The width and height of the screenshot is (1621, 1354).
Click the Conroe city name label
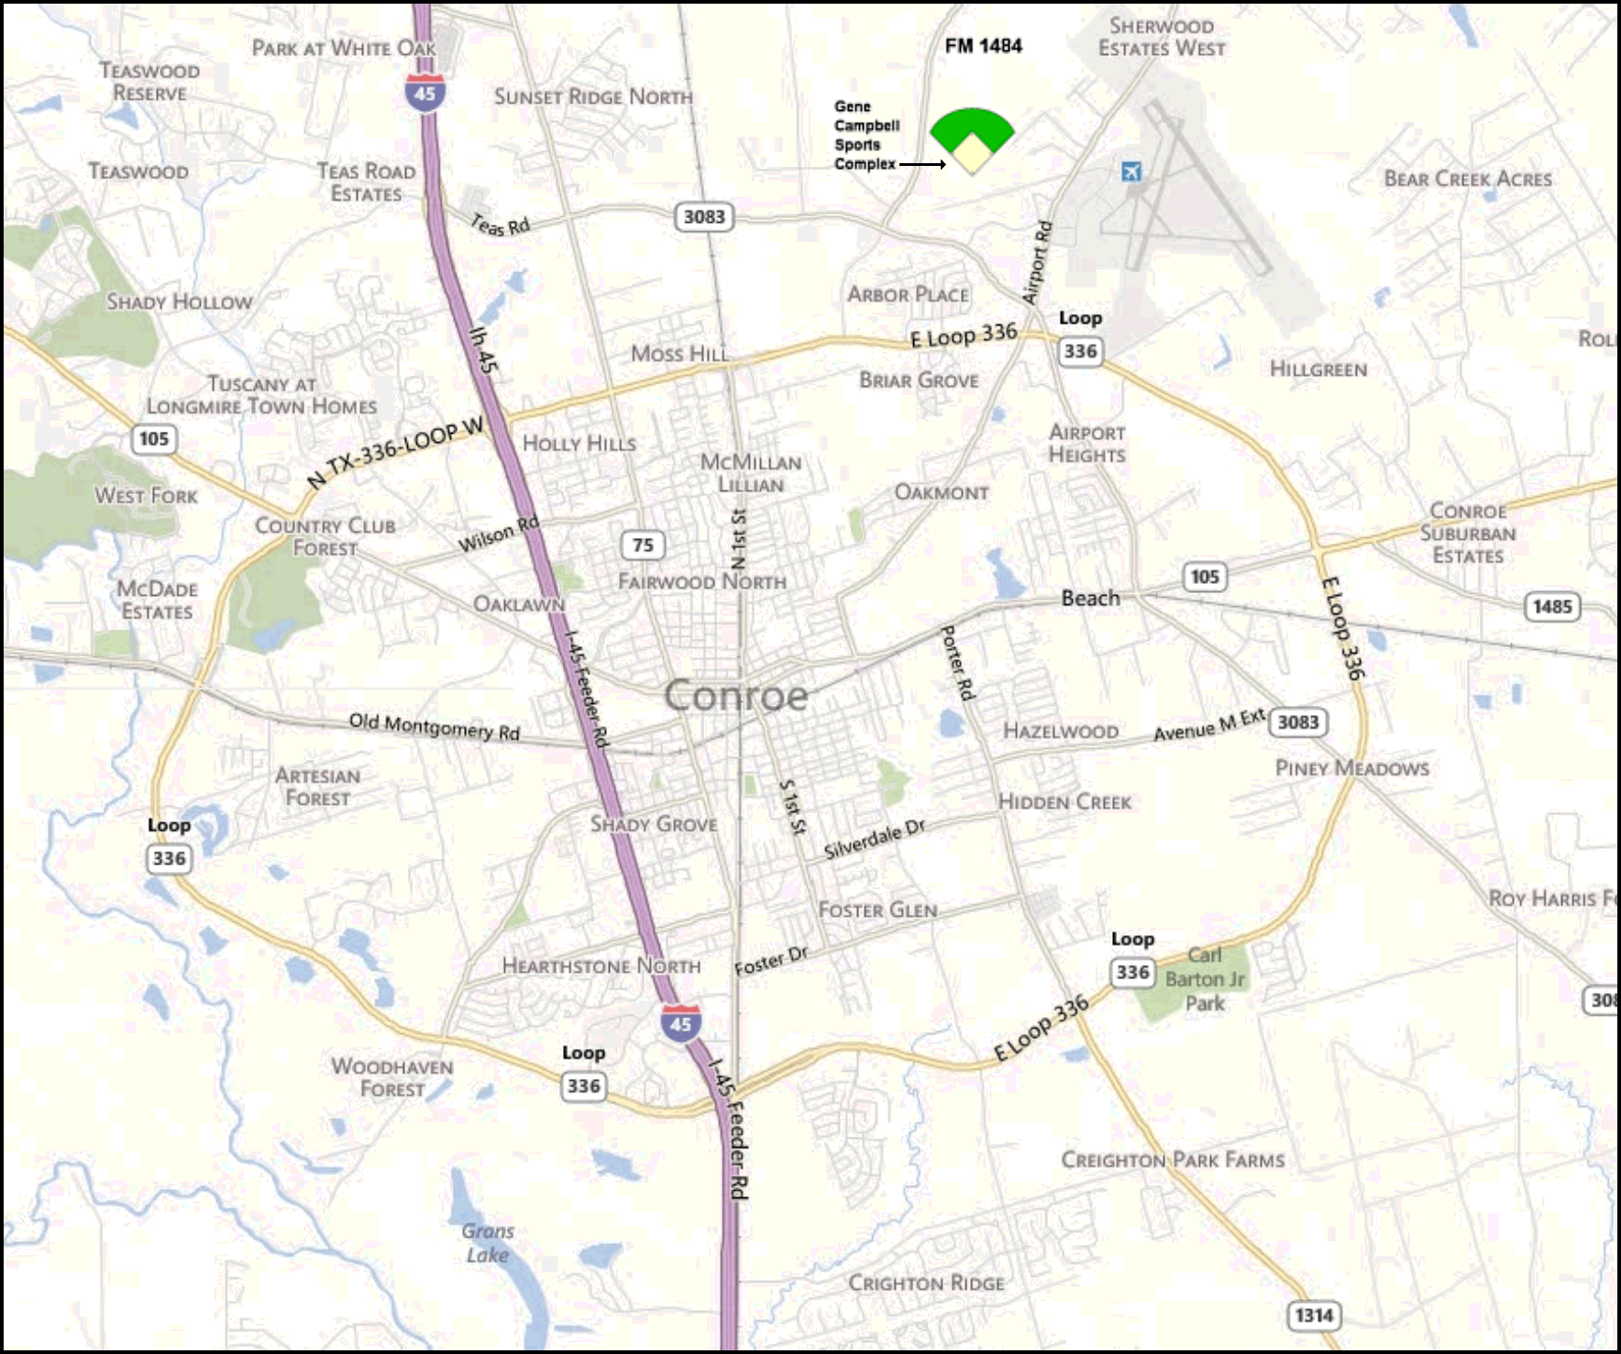click(736, 696)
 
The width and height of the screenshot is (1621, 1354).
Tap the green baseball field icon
click(972, 138)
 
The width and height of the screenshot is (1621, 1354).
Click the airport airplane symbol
click(1132, 171)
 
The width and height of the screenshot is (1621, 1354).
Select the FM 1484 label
click(983, 46)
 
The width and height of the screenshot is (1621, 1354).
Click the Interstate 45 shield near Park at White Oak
click(425, 93)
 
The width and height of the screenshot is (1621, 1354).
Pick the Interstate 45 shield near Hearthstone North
click(680, 1023)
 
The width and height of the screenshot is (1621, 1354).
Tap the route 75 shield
click(643, 545)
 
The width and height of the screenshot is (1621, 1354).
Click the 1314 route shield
click(1313, 1315)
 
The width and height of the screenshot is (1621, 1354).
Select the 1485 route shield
click(1551, 607)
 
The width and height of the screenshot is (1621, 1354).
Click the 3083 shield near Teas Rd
click(704, 217)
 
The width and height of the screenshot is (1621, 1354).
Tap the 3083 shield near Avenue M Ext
click(1298, 722)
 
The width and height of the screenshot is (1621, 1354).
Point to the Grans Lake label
click(488, 1243)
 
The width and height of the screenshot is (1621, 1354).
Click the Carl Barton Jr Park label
click(1205, 979)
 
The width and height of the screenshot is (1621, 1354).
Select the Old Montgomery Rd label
click(435, 726)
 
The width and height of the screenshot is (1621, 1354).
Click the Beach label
click(1090, 599)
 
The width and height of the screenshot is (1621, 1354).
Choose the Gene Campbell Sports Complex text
click(865, 136)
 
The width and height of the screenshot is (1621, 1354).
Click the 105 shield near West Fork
click(153, 438)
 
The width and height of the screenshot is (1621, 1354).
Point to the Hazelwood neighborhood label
click(1061, 732)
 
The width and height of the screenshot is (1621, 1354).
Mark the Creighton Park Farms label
click(1173, 1161)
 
